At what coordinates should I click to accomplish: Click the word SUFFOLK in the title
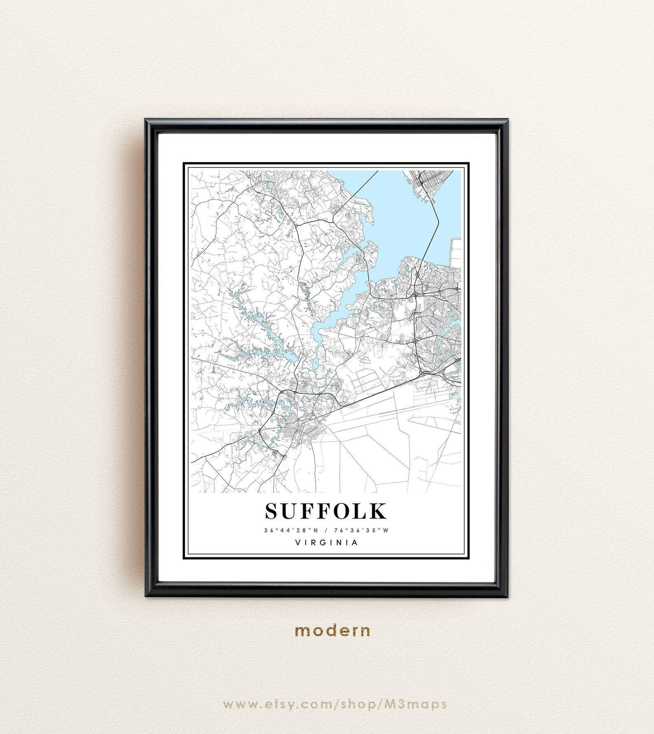click(x=326, y=511)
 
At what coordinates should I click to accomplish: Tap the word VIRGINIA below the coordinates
click(x=327, y=542)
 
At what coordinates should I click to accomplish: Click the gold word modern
click(x=332, y=631)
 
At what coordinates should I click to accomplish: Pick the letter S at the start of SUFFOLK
click(x=273, y=511)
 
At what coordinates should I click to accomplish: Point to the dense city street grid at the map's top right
click(x=426, y=181)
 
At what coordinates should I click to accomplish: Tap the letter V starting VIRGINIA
click(x=298, y=542)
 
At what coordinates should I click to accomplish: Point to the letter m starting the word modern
click(x=301, y=631)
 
